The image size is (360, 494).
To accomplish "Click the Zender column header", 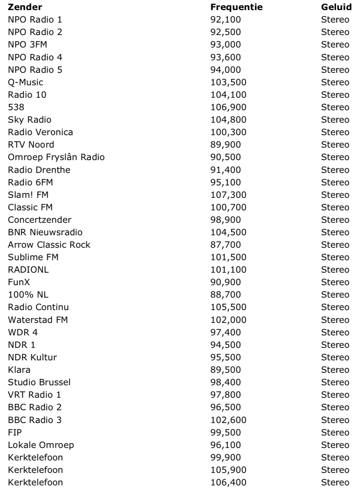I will coord(25,7).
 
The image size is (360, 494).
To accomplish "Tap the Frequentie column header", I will coord(236,7).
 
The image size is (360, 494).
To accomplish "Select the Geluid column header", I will coord(336,7).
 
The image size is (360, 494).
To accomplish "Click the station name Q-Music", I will coord(26,82).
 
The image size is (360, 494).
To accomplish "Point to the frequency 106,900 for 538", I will coord(228,107).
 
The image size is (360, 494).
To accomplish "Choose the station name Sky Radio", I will coord(29,120).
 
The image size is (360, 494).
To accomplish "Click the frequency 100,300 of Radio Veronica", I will coord(228,132).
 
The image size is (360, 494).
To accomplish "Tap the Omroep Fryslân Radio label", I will coord(56,157).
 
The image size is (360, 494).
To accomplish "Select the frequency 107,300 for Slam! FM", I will coord(228,195).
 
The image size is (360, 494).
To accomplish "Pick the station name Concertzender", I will coord(39,220).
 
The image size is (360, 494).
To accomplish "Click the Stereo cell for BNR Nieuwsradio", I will coord(335,232).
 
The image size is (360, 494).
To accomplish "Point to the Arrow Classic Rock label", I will coord(49,245).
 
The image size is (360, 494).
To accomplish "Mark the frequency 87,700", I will coord(226,245).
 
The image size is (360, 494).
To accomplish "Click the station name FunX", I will coord(19,282).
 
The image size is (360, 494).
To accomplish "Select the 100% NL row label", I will coord(28,294).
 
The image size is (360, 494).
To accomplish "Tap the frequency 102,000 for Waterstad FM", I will coord(228,320).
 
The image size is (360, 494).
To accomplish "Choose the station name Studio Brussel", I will coord(39,382).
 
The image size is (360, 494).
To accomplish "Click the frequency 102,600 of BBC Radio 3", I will coord(228,420).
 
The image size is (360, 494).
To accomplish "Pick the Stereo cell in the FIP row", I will coord(335,432).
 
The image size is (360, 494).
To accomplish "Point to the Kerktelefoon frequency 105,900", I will coord(228,470).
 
